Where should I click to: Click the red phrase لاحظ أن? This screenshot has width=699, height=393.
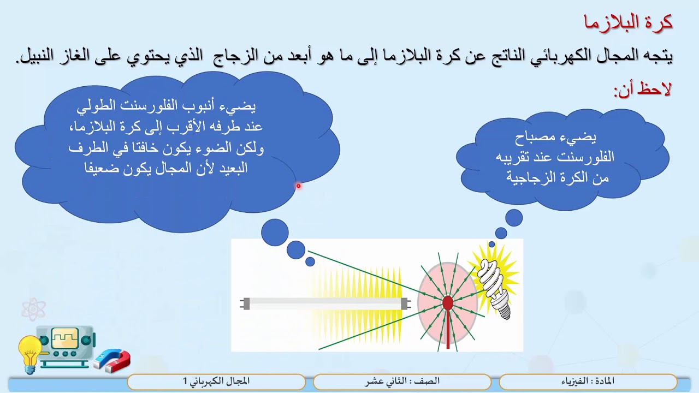point(642,90)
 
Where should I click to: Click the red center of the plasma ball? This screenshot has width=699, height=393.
point(448,302)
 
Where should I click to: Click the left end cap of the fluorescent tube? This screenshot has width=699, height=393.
point(245,303)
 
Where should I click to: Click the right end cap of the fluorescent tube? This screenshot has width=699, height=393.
point(405,303)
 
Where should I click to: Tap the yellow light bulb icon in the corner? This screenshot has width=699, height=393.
point(29,352)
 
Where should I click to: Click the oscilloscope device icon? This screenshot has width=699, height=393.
point(66,347)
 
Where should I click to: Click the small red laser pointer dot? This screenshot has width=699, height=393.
point(298,186)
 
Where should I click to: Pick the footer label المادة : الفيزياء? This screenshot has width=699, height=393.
point(588,381)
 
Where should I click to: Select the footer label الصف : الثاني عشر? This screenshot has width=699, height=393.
point(402,381)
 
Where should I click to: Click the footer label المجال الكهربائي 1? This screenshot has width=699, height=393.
point(216,381)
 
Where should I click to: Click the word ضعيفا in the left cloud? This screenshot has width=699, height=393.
point(102,168)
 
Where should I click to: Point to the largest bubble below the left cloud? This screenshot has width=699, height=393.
point(275,233)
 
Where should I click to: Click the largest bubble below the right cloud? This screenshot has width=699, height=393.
point(514,218)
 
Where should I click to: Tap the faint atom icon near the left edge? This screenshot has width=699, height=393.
point(33,309)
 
